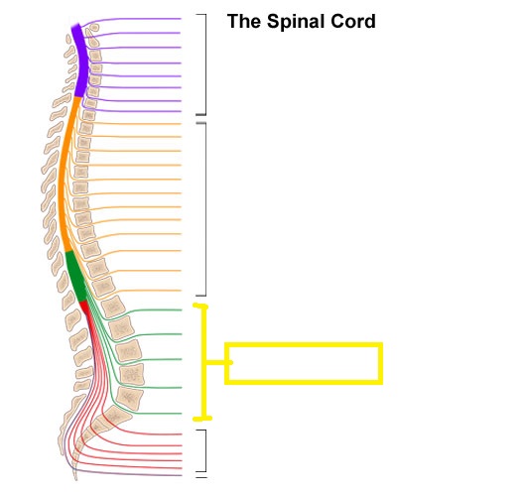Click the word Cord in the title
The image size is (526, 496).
[x=353, y=22]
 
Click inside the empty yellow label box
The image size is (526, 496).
[x=304, y=363]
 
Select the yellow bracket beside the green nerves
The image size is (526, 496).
[x=203, y=362]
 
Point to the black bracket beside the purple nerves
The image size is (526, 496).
[x=205, y=64]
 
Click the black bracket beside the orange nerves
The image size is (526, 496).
[x=205, y=209]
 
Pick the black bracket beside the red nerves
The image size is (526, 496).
[x=204, y=450]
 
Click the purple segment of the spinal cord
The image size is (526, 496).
[x=80, y=61]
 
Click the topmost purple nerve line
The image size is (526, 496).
[x=134, y=19]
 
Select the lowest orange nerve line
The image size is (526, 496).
[x=141, y=291]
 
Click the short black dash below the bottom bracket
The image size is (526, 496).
[x=201, y=477]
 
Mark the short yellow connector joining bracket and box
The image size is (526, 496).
[x=218, y=362]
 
